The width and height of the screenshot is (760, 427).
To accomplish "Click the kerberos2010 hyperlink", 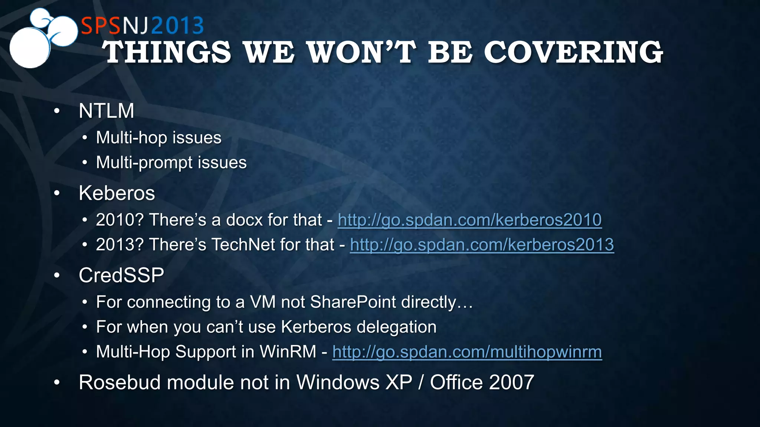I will (x=469, y=220).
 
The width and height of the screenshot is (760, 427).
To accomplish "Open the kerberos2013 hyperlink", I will (x=482, y=245).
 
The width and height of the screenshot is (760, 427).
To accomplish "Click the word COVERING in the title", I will (x=573, y=52).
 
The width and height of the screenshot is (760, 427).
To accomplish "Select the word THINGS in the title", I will (x=167, y=52).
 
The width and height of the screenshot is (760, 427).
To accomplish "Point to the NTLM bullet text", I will (x=107, y=111).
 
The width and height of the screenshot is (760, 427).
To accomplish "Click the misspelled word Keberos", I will (x=117, y=193).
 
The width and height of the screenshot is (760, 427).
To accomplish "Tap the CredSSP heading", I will (x=121, y=275).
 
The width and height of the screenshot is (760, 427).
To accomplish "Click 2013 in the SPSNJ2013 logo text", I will (x=177, y=26).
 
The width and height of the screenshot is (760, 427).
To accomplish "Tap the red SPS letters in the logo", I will (x=101, y=26).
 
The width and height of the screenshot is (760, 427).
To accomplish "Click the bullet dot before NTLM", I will (x=57, y=111).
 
